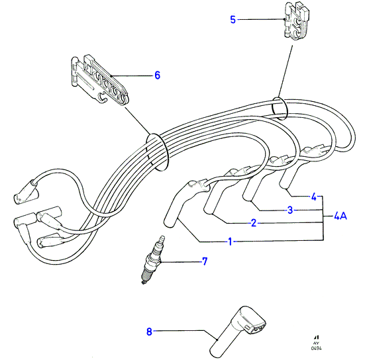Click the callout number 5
(233, 20)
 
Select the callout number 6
(158, 75)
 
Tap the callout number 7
(205, 261)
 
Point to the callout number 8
(149, 332)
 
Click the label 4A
(340, 216)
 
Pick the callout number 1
(230, 242)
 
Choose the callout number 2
(254, 223)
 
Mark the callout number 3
(290, 210)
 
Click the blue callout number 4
(314, 197)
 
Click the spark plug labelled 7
(152, 260)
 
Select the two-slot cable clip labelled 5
(296, 21)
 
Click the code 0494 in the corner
(317, 348)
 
